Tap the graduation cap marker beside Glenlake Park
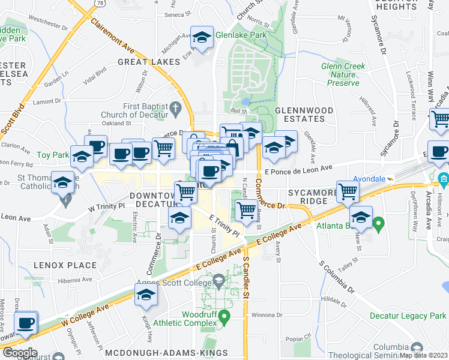tap(202, 38)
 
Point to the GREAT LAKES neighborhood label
tap(149, 62)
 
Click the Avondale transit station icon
tap(391, 178)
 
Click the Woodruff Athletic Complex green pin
tap(224, 315)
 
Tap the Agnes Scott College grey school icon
tap(218, 280)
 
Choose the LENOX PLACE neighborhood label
tap(65, 265)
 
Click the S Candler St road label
tap(246, 278)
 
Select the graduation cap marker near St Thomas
tap(62, 183)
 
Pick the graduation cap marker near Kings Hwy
tap(146, 295)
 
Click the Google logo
tap(20, 353)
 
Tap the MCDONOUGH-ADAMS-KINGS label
tap(166, 354)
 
